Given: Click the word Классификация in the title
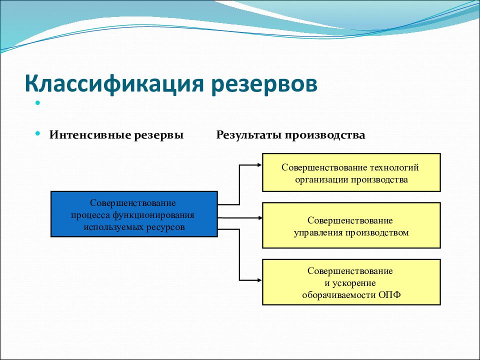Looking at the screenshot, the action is click(x=114, y=84).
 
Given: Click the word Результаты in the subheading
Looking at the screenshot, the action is click(x=249, y=135).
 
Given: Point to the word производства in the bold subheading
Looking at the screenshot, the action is click(x=325, y=135).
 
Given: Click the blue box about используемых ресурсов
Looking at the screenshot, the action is click(x=134, y=214).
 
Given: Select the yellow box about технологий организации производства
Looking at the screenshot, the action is click(x=351, y=172).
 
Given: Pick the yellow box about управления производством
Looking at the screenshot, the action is click(x=351, y=225).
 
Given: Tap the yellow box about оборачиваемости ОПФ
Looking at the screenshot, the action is click(x=351, y=282).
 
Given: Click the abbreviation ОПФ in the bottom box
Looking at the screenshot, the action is click(x=389, y=295).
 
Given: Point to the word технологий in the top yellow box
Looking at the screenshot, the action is click(x=394, y=167).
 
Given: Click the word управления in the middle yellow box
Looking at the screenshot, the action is click(x=318, y=232).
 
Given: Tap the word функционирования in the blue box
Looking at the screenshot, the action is click(x=153, y=215).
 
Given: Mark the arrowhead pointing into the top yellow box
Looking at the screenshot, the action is click(x=259, y=165).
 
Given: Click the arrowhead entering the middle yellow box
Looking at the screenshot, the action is click(x=260, y=218).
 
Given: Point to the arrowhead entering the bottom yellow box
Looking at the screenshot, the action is click(x=259, y=280).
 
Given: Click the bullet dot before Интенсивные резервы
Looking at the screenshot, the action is click(x=37, y=133).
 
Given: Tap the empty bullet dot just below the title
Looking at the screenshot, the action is click(x=37, y=103).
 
